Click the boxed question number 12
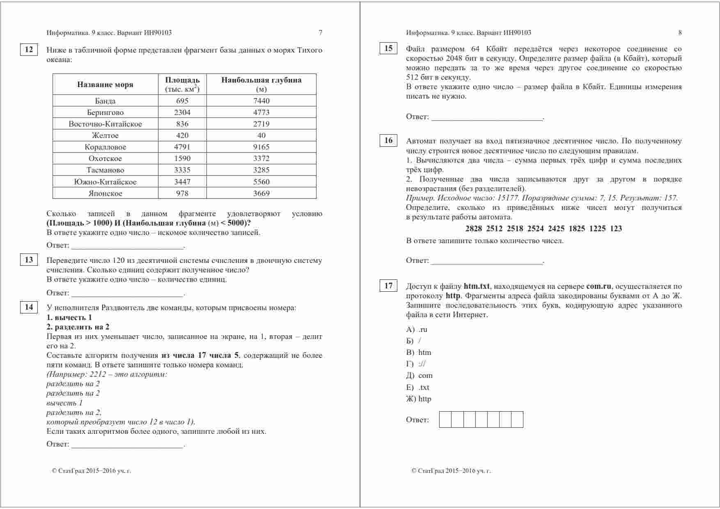[x=29, y=50]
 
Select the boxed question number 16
[x=388, y=140]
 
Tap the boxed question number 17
[x=388, y=286]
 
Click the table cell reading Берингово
[x=105, y=112]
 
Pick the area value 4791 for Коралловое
[x=182, y=147]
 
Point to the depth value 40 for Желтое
[x=261, y=135]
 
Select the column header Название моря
[x=105, y=85]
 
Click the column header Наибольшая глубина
[x=261, y=80]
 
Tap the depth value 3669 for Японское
[x=261, y=193]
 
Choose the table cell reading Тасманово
[x=105, y=170]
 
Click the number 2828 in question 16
[x=474, y=229]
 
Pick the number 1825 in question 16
[x=577, y=229]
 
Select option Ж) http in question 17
[x=419, y=399]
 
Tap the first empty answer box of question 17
[x=445, y=419]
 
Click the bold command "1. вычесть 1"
[x=69, y=318]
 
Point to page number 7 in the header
[x=321, y=33]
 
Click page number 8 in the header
[x=680, y=33]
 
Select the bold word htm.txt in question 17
[x=477, y=286]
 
